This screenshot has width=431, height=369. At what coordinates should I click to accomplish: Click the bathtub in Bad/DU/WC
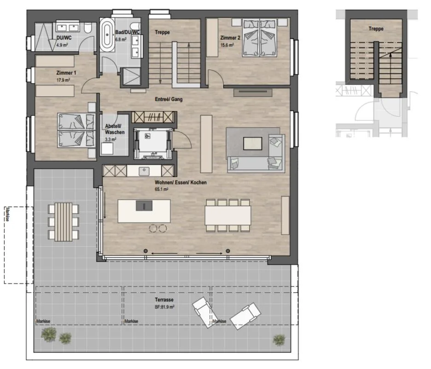tap(107, 35)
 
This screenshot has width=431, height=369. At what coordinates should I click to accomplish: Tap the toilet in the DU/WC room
tap(88, 28)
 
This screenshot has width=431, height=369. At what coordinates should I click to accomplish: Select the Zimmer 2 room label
tap(230, 38)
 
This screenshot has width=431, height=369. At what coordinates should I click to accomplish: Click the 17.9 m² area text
tap(63, 80)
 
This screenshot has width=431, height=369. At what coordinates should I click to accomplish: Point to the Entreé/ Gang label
tap(169, 99)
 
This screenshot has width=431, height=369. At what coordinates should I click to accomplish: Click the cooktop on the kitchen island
tap(144, 206)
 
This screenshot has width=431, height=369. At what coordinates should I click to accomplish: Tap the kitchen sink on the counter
tap(144, 171)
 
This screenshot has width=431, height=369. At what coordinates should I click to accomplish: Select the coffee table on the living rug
tap(252, 143)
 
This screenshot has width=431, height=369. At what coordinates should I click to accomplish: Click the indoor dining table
tap(228, 215)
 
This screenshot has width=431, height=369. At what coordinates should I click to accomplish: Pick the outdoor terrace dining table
tap(64, 222)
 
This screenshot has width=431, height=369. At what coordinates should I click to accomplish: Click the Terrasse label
tap(164, 300)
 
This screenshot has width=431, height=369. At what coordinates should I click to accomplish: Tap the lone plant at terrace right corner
tap(279, 339)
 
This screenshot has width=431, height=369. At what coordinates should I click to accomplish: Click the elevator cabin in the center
tap(153, 143)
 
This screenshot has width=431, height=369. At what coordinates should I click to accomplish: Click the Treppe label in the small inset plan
tap(376, 29)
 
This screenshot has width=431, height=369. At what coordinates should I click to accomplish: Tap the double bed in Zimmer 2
tap(260, 38)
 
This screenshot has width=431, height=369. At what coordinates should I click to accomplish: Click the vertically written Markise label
tap(7, 214)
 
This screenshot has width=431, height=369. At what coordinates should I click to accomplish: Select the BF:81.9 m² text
tap(164, 307)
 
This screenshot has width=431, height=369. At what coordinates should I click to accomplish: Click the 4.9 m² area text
tap(62, 45)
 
